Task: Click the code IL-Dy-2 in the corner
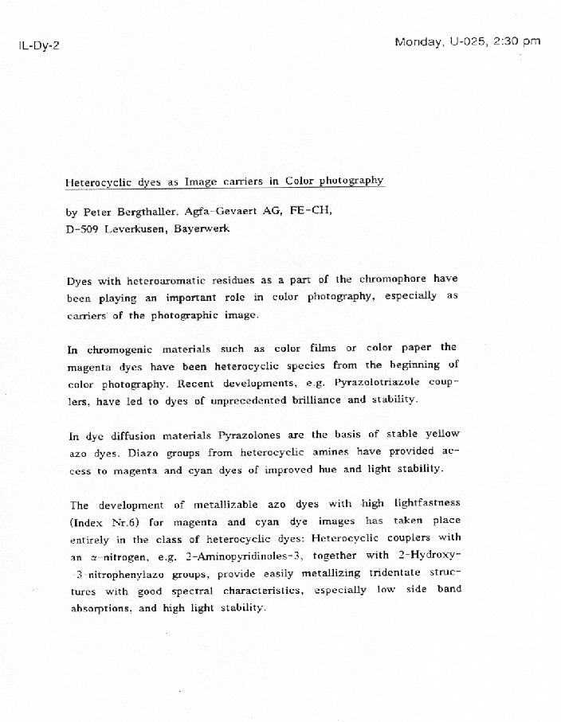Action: (38, 45)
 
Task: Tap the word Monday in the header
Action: (418, 42)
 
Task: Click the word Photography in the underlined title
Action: (352, 181)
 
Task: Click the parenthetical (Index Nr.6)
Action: (102, 522)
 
